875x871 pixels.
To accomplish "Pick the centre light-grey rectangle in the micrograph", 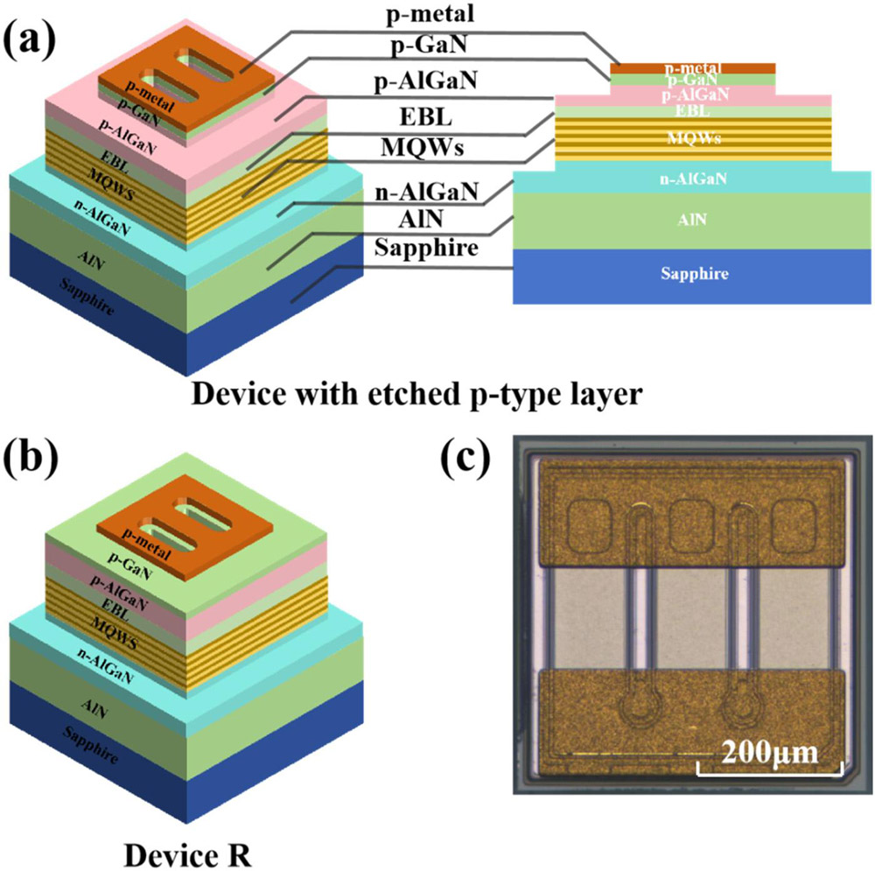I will [x=693, y=619].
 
